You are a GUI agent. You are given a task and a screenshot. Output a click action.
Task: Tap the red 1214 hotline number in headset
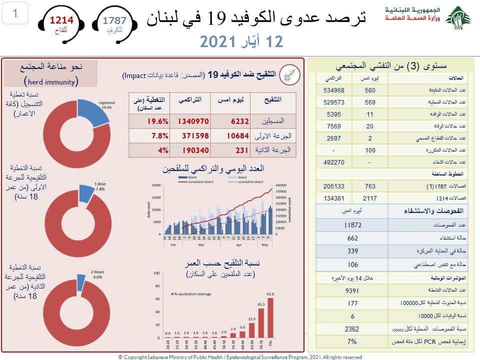pyautogui.click(x=60, y=20)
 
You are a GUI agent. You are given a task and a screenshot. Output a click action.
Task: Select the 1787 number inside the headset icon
pyautogui.click(x=114, y=20)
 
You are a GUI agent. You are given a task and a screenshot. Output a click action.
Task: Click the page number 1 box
pyautogui.click(x=15, y=13)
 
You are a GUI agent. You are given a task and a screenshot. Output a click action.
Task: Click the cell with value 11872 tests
pyautogui.click(x=353, y=225)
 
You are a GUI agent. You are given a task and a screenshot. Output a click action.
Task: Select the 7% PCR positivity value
pyautogui.click(x=353, y=341)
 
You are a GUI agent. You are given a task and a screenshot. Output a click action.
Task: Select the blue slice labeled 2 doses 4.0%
pyautogui.click(x=80, y=282)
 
